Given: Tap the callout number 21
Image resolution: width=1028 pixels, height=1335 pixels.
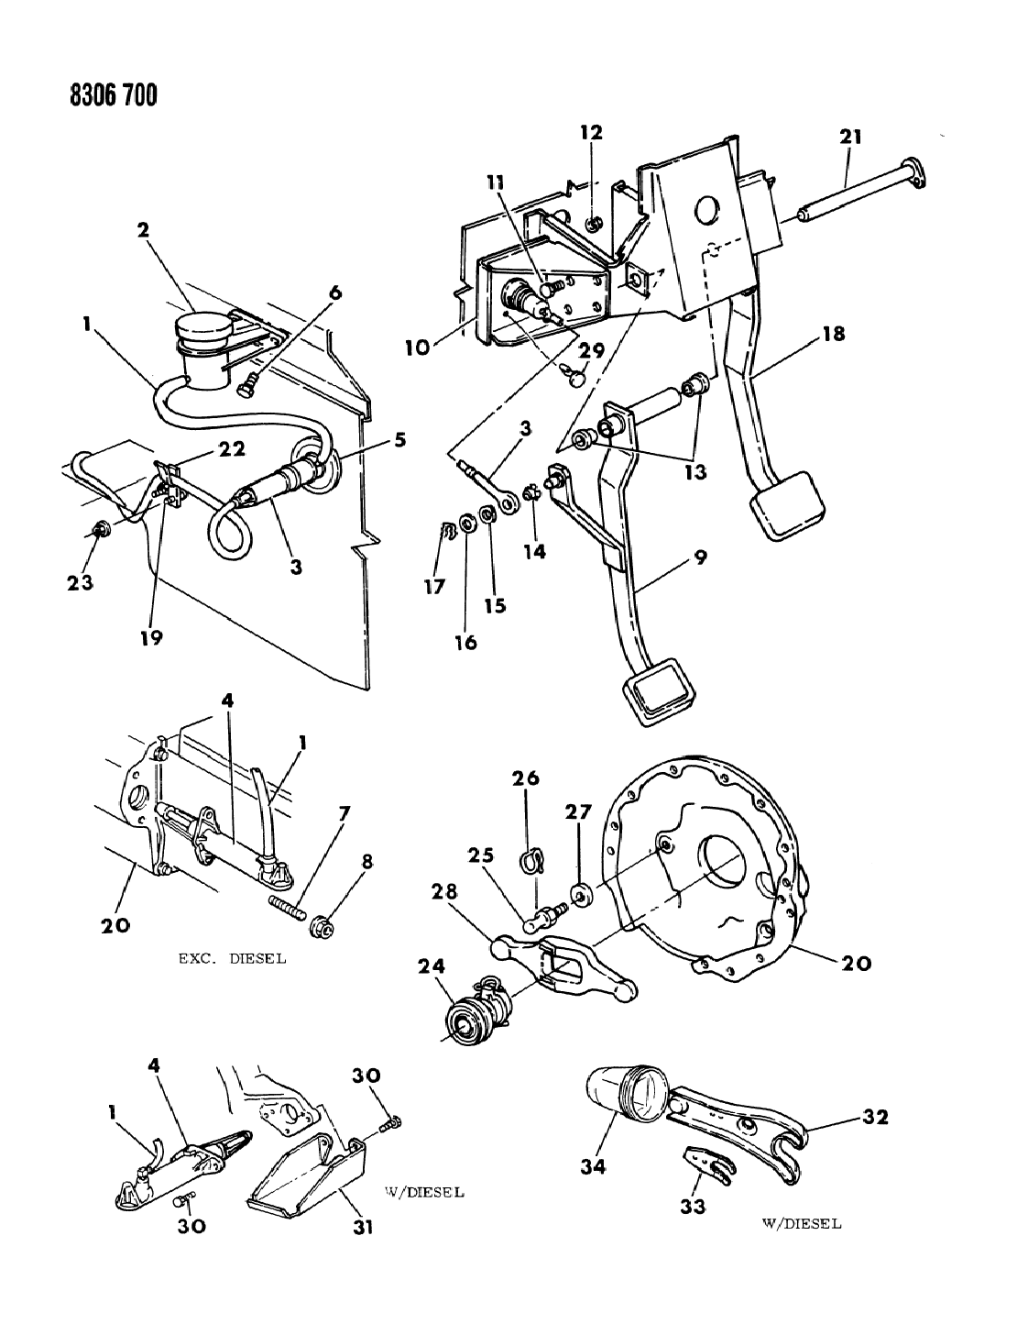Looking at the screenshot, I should (850, 137).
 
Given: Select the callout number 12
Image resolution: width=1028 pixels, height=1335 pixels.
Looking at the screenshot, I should (590, 132).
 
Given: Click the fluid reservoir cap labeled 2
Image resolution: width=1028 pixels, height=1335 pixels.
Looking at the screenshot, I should (203, 333).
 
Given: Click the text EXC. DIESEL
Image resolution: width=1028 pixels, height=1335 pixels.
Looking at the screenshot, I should (231, 959).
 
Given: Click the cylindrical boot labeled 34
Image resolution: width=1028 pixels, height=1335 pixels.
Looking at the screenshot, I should (623, 1095).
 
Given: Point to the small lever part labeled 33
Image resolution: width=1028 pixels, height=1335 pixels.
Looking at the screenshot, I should (708, 1167).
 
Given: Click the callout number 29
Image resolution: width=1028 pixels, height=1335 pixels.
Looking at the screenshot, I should (592, 350).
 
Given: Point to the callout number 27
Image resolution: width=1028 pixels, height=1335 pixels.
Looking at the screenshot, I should (578, 811).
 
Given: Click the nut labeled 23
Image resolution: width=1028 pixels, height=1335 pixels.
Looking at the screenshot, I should (102, 528).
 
